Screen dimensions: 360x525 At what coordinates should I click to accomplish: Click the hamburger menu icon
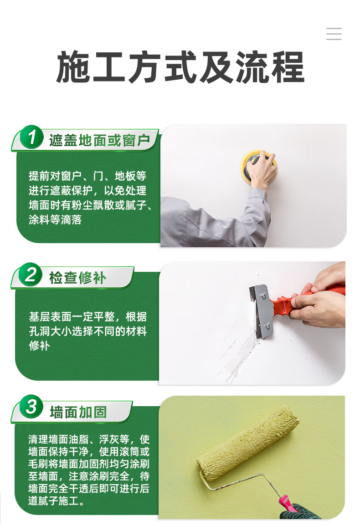pyautogui.click(x=334, y=34)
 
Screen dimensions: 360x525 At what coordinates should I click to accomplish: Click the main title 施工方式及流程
pyautogui.click(x=180, y=67)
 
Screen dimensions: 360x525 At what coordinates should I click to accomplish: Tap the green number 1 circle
pyautogui.click(x=31, y=137)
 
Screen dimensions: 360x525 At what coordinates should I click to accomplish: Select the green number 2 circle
pyautogui.click(x=31, y=275)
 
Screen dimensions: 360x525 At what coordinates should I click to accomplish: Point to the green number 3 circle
pyautogui.click(x=31, y=407)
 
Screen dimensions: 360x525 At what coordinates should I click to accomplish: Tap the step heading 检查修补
pyautogui.click(x=78, y=278)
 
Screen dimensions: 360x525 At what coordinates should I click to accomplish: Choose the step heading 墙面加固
pyautogui.click(x=78, y=412)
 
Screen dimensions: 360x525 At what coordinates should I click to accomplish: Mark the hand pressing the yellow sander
pyautogui.click(x=262, y=169)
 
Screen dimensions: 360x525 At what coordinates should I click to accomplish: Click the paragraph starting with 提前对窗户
pyautogui.click(x=89, y=198)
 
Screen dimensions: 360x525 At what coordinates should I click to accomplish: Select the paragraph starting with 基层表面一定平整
pyautogui.click(x=88, y=331)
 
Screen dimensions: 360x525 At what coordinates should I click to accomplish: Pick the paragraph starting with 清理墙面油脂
pyautogui.click(x=89, y=470)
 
